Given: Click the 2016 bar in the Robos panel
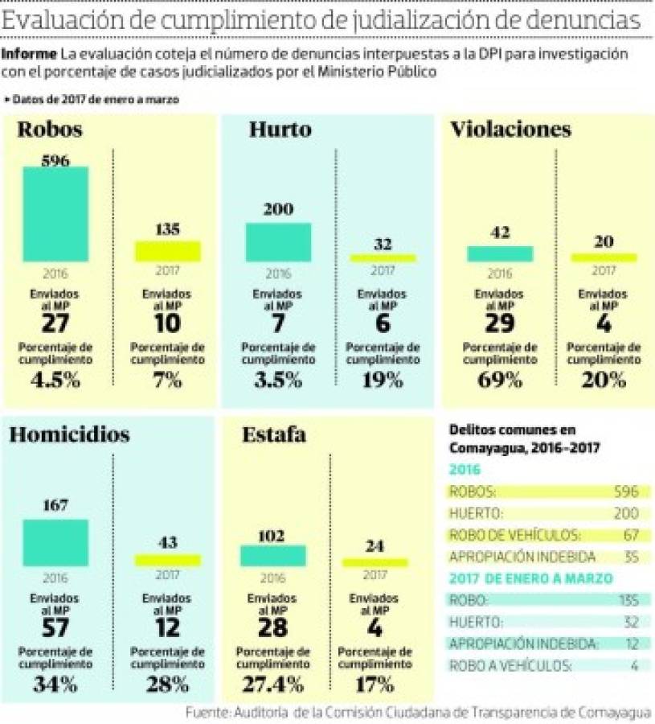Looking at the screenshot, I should pyautogui.click(x=55, y=214).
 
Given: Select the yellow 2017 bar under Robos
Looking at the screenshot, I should pyautogui.click(x=167, y=252).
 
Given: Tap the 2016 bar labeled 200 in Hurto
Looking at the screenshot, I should pyautogui.click(x=278, y=241).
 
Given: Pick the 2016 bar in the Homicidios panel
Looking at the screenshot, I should pyautogui.click(x=55, y=543).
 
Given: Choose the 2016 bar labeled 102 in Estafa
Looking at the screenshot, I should pyautogui.click(x=273, y=556).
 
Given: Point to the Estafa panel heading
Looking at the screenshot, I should pyautogui.click(x=274, y=435).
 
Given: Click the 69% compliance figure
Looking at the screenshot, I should pyautogui.click(x=500, y=381).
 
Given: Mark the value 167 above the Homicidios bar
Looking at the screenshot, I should pyautogui.click(x=55, y=505).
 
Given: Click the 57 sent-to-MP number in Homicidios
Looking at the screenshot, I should pyautogui.click(x=55, y=628).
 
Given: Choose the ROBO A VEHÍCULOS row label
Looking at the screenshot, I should pyautogui.click(x=510, y=665).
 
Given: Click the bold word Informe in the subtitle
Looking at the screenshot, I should pyautogui.click(x=29, y=55).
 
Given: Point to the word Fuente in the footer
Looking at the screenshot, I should pyautogui.click(x=206, y=713).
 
